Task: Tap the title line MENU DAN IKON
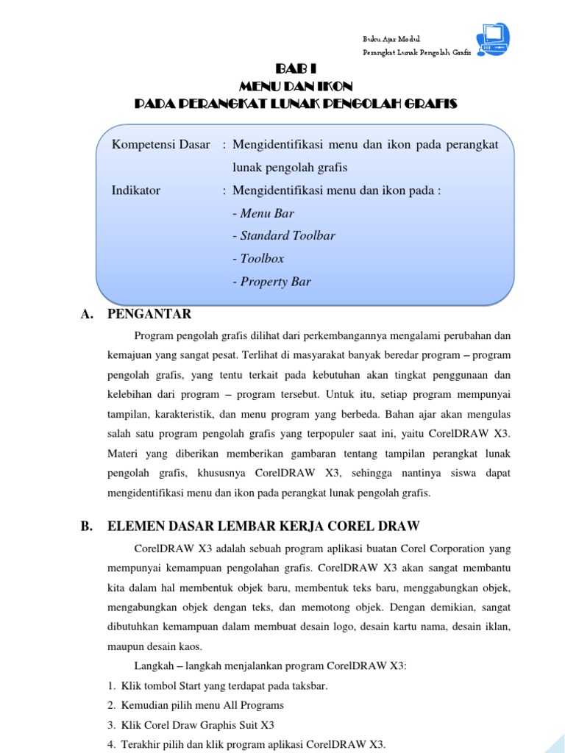(296, 86)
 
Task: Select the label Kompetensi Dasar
(160, 144)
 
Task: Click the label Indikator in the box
(136, 190)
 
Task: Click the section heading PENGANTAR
(149, 315)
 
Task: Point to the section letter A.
(85, 315)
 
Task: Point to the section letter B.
(85, 526)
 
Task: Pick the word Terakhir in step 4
(141, 743)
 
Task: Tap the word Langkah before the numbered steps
(154, 666)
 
